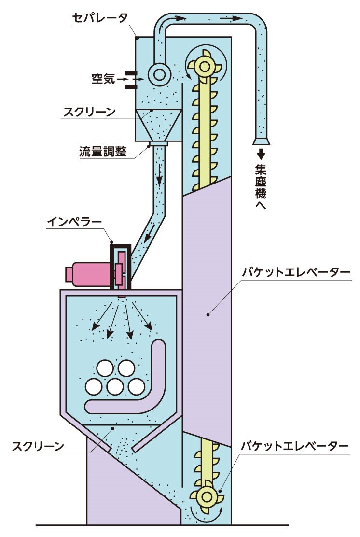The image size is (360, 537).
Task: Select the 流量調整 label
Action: [103, 151]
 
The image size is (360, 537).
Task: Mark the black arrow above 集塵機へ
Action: [261, 155]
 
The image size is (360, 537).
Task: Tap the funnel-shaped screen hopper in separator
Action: [158, 124]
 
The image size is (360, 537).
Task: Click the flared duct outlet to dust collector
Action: [261, 141]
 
